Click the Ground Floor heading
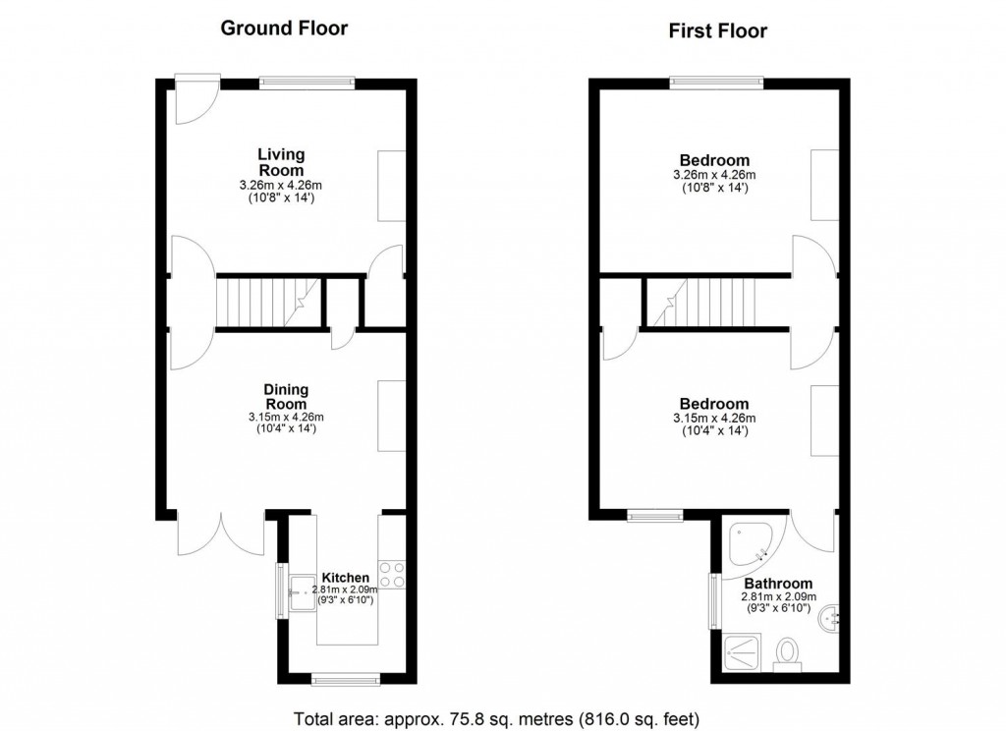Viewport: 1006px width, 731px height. tap(284, 28)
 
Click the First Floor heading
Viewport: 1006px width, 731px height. tap(718, 30)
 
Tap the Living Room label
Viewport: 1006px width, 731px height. tap(281, 162)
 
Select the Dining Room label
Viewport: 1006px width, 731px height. tap(286, 397)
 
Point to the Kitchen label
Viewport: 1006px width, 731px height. tap(345, 578)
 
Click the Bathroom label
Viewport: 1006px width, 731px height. tap(778, 584)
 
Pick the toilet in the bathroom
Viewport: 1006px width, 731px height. tap(787, 654)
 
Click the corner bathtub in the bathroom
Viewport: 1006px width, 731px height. tap(748, 545)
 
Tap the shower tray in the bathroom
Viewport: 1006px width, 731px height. tap(743, 653)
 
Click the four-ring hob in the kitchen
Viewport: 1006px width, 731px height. tap(391, 575)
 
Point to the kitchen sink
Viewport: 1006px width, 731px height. tap(303, 592)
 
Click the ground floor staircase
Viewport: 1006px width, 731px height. tap(268, 303)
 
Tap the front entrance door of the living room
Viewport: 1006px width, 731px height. tap(196, 101)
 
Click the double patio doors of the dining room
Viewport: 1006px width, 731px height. tap(221, 534)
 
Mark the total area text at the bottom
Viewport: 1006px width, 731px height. tap(496, 719)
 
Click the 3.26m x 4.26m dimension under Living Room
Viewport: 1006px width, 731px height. tap(281, 186)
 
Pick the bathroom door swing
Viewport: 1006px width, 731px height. tap(813, 532)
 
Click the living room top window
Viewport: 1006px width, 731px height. tap(307, 83)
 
